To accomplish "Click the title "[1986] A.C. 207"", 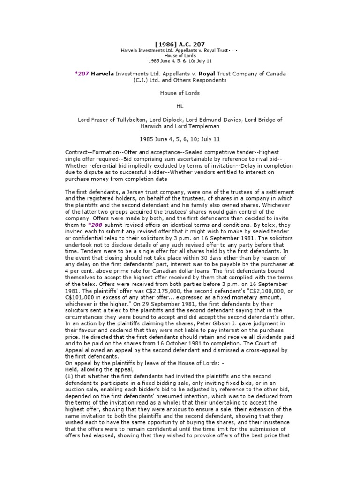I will click(180, 45).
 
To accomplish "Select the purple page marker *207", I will click(82, 74).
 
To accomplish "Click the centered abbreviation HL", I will click(180, 106).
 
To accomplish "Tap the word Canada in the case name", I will click(275, 74).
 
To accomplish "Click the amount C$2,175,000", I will click(149, 290).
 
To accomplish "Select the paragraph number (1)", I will click(69, 376).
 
